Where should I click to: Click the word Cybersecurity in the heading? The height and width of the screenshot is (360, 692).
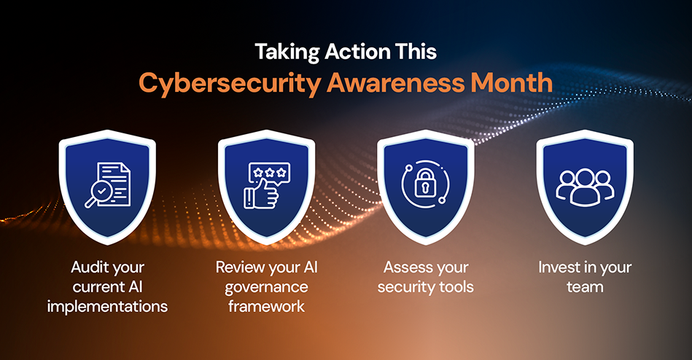pos(229,83)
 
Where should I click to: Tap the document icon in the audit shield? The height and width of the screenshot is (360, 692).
pos(114,179)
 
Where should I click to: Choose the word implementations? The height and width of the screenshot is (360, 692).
pos(107,306)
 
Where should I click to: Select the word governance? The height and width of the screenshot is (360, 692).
pos(267,286)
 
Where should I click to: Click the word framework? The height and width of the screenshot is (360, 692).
pos(267,306)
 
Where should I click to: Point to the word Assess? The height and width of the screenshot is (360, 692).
pos(406,267)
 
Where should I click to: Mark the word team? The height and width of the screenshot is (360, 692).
pos(585,286)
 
